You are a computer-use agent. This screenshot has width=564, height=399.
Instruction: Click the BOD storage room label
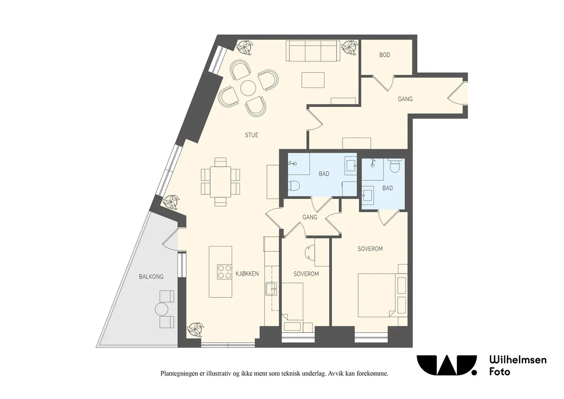[x=385, y=55]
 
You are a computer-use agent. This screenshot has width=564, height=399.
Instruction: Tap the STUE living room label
[x=251, y=135]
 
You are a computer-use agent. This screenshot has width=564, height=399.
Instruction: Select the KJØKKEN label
[x=247, y=274]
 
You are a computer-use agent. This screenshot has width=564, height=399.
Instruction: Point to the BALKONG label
[x=151, y=277]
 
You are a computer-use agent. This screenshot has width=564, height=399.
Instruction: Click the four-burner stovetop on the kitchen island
[x=224, y=272]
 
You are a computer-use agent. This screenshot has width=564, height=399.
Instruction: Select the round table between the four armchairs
[x=248, y=88]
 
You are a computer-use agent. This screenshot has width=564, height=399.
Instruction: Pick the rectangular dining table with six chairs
[x=221, y=182]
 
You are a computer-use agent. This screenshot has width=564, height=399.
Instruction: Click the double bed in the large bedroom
[x=376, y=295]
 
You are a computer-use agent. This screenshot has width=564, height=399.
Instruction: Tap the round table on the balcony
[x=162, y=309]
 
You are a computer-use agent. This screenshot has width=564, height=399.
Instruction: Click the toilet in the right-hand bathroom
[x=394, y=166]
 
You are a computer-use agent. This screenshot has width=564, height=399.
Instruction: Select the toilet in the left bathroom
[x=294, y=186]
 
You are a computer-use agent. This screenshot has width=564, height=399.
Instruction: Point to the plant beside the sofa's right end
[x=350, y=48]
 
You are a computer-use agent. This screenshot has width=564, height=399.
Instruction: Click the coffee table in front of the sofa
[x=313, y=80]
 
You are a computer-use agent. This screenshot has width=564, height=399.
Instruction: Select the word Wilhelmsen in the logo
[x=518, y=359]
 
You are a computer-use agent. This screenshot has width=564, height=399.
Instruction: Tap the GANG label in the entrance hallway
[x=405, y=99]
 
